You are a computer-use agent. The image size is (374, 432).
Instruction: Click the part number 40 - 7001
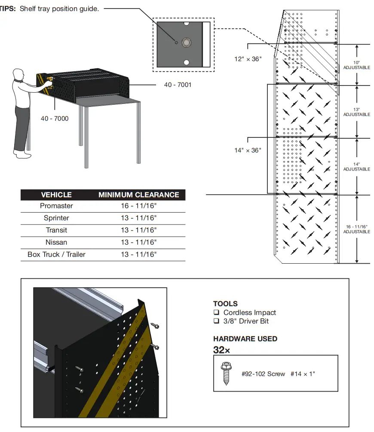pos(178,85)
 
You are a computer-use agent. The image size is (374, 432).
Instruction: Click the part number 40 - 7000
pos(55,119)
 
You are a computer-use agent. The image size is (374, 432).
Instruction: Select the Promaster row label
pos(56,206)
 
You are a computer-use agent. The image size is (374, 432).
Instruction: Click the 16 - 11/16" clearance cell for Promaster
pos(138,206)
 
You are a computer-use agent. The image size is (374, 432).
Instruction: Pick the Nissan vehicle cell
pos(56,242)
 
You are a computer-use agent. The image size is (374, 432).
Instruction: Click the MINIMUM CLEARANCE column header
pos(138,195)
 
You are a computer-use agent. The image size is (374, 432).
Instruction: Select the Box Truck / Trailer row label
pos(56,254)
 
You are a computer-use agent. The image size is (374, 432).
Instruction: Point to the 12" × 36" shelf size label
pos(248,59)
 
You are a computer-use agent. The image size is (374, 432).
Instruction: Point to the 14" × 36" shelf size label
pos(248,150)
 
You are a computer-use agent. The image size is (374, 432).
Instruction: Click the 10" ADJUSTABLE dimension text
pos(356,65)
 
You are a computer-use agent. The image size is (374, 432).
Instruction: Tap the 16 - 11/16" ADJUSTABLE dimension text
pos(356,229)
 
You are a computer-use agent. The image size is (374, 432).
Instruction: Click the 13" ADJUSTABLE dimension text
pos(356,112)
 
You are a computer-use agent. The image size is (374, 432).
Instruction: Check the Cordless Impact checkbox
pos(216,313)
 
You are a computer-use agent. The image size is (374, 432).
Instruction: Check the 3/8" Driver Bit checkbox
pos(216,321)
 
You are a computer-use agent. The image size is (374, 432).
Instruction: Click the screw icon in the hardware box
pos(226,374)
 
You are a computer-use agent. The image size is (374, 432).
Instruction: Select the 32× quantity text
pos(221,350)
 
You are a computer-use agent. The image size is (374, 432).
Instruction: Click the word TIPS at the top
pos(7,9)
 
